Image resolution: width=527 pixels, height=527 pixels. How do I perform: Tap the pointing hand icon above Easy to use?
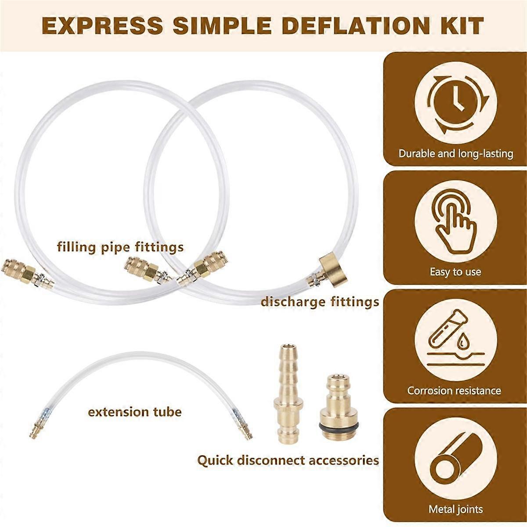pos(455,222)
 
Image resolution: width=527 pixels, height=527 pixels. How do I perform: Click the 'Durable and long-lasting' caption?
pos(455,154)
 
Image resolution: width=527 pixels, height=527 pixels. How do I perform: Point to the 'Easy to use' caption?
pos(455,272)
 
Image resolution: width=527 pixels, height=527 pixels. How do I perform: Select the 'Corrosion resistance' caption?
pos(454,390)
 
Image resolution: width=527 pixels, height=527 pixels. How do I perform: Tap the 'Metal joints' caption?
pos(455,509)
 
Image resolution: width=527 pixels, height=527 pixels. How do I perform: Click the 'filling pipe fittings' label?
pos(120,247)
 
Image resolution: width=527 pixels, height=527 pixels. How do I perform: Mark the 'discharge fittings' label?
pos(320,302)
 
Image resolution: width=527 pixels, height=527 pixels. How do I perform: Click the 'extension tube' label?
pos(135,412)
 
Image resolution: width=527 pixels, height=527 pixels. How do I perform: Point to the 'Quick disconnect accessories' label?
pos(288,460)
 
